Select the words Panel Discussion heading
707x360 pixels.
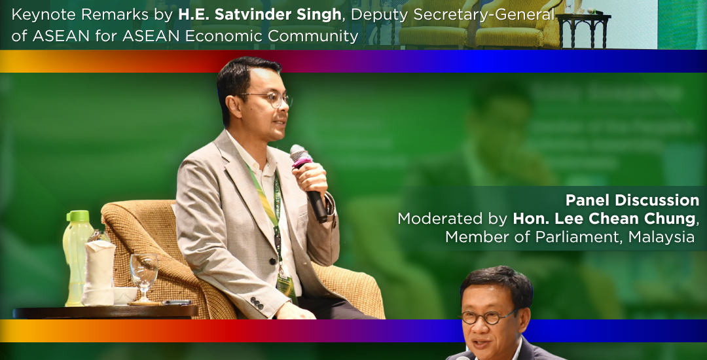point(632,200)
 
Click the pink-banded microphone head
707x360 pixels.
point(300,155)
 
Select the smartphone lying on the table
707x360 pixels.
point(177,303)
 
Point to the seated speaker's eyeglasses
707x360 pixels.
point(266,99)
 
